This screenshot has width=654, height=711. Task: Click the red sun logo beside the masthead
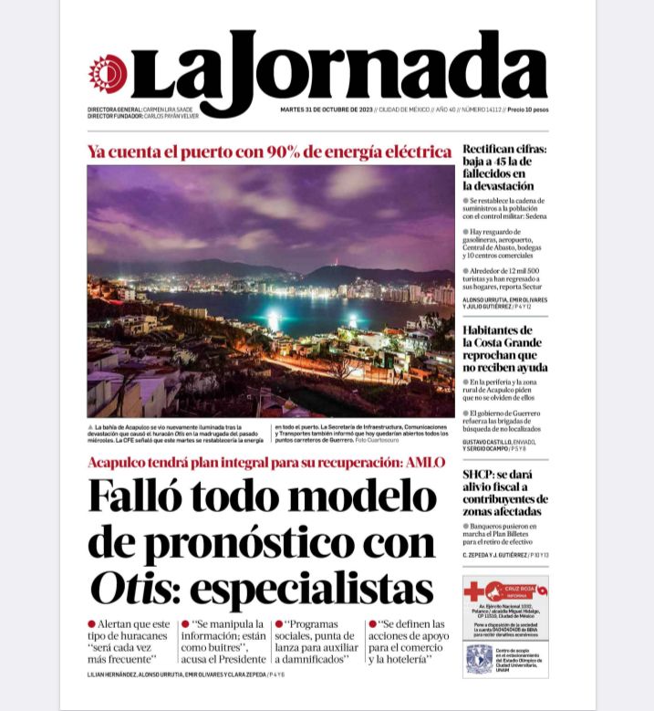108,73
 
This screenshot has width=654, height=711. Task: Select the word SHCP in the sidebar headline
479,475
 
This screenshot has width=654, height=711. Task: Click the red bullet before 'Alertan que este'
92,623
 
